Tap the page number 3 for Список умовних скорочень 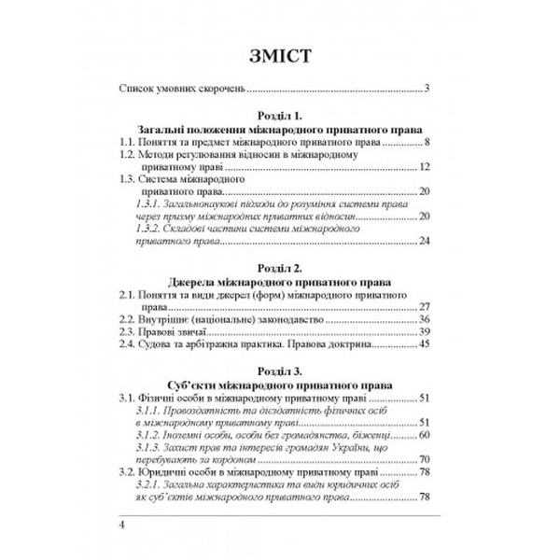coord(426,90)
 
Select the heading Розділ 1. coord(279,114)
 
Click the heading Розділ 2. coord(279,267)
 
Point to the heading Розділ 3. coord(279,371)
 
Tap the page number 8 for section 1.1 coord(426,142)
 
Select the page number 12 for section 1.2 coord(423,167)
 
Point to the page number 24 coord(423,242)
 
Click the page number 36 coord(423,319)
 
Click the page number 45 coord(423,345)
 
